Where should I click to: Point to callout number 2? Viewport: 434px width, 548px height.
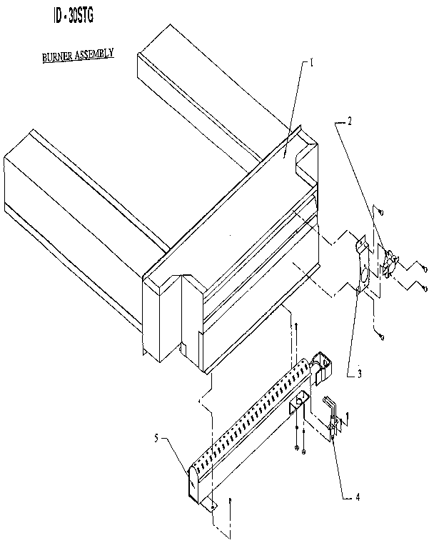coord(349,122)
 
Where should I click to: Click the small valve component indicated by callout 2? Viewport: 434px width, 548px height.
coord(389,261)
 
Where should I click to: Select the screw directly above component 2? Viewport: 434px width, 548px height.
coord(380,212)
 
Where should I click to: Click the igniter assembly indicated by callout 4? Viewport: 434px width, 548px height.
coord(332,422)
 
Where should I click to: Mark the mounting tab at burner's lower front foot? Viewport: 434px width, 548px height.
coord(211,506)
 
